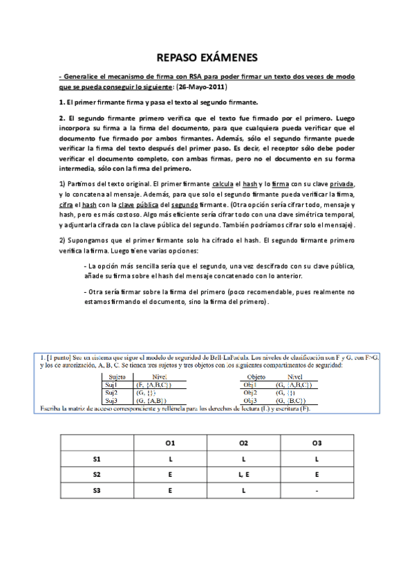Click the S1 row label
[96, 458]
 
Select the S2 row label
[96, 474]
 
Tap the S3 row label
[96, 490]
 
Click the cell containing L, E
[243, 474]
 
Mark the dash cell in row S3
[317, 490]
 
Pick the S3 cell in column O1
[169, 490]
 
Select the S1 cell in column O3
[317, 458]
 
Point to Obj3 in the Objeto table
[251, 400]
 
